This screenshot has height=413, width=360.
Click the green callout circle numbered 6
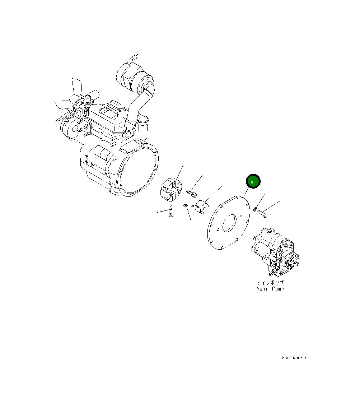[x=252, y=182]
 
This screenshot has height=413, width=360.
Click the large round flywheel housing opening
[x=138, y=171]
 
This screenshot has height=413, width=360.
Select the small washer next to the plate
[x=255, y=209]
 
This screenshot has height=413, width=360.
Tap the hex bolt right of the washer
[x=263, y=214]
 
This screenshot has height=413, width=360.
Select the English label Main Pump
[x=270, y=289]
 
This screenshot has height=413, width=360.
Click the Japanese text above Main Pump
[x=270, y=283]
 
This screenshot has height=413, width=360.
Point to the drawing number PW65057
[x=294, y=358]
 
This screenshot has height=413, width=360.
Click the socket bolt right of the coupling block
[x=192, y=193]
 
